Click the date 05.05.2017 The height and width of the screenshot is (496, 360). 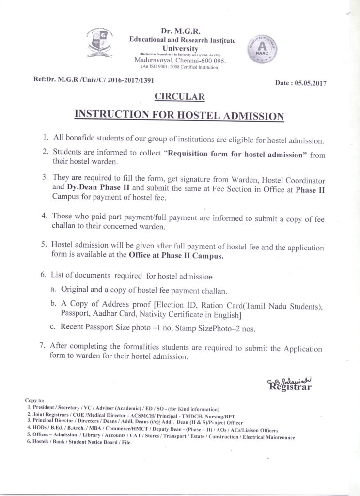(310, 83)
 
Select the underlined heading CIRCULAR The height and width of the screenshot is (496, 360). (179, 97)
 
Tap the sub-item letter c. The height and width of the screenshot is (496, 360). (52, 328)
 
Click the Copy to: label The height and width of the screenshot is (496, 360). (34, 401)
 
